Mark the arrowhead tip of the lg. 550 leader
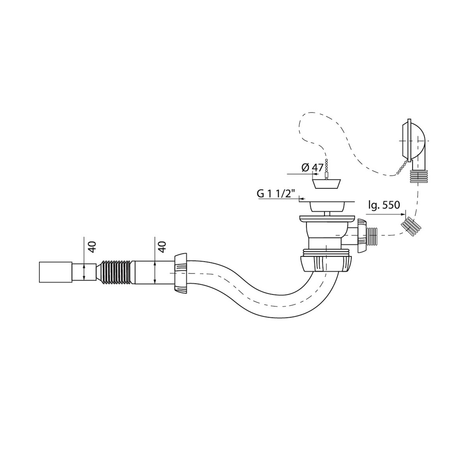(405, 214)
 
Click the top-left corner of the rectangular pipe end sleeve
(39, 262)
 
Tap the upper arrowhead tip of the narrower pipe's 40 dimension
(84, 265)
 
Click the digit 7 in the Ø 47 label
(320, 168)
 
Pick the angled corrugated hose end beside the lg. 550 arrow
(411, 226)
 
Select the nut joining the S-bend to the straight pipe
(181, 273)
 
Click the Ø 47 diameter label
(312, 168)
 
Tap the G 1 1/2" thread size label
(276, 194)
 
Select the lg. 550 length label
(382, 205)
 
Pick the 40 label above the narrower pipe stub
(92, 247)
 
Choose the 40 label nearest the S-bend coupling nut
(163, 247)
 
